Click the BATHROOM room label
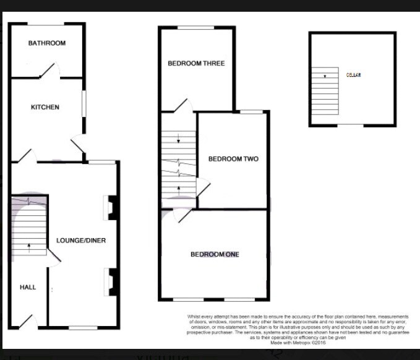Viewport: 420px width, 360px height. coord(47,43)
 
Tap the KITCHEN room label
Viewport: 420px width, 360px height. coord(45,107)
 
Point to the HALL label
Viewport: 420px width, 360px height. coord(28,287)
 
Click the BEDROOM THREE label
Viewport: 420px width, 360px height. coord(196,63)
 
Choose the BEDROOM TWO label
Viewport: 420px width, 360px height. coord(233,159)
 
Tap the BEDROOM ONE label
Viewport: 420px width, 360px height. coord(215,254)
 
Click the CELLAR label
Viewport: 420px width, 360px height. coord(353,75)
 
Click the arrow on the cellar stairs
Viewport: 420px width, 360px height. coord(325,76)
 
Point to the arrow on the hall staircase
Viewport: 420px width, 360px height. coord(28,247)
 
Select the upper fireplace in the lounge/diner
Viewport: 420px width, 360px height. coord(111,207)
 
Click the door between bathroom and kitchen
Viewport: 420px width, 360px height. coord(49,71)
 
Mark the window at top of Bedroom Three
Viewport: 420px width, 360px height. coord(197,27)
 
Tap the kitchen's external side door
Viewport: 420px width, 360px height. coord(79,146)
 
